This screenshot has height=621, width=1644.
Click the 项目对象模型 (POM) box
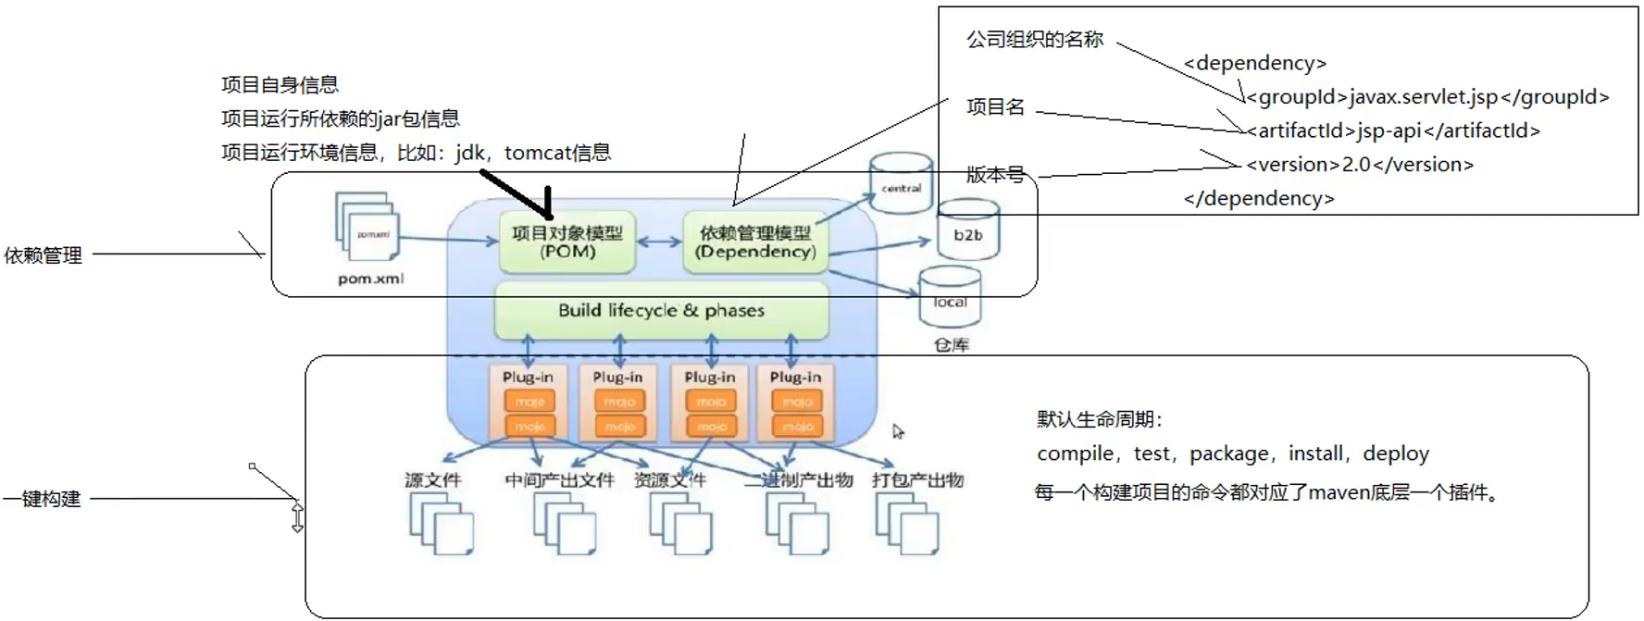[x=567, y=242]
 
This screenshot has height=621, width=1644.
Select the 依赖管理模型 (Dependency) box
[x=755, y=242]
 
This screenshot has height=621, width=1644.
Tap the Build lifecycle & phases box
[x=661, y=311]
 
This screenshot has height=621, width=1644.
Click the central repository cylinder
[x=901, y=184]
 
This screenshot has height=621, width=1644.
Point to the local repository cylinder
[x=950, y=298]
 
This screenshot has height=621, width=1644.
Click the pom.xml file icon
[x=368, y=227]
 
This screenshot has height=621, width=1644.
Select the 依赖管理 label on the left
[x=43, y=255]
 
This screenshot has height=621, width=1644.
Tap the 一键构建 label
[x=43, y=500]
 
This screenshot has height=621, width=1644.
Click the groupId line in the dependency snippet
[x=1426, y=97]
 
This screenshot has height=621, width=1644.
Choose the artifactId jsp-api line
[x=1392, y=131]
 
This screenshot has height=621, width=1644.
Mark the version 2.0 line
[x=1359, y=165]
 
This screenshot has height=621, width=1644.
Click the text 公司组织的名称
[x=1034, y=40]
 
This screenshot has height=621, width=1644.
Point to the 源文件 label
[x=432, y=480]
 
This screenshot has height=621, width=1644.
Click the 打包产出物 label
[x=917, y=480]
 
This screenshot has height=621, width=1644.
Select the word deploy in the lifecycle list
[x=1396, y=453]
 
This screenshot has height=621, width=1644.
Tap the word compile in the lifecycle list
[x=1075, y=453]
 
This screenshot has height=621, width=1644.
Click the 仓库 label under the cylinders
[x=951, y=345]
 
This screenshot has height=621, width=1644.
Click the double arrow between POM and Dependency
[x=659, y=242]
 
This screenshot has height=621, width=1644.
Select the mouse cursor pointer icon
[x=897, y=431]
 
